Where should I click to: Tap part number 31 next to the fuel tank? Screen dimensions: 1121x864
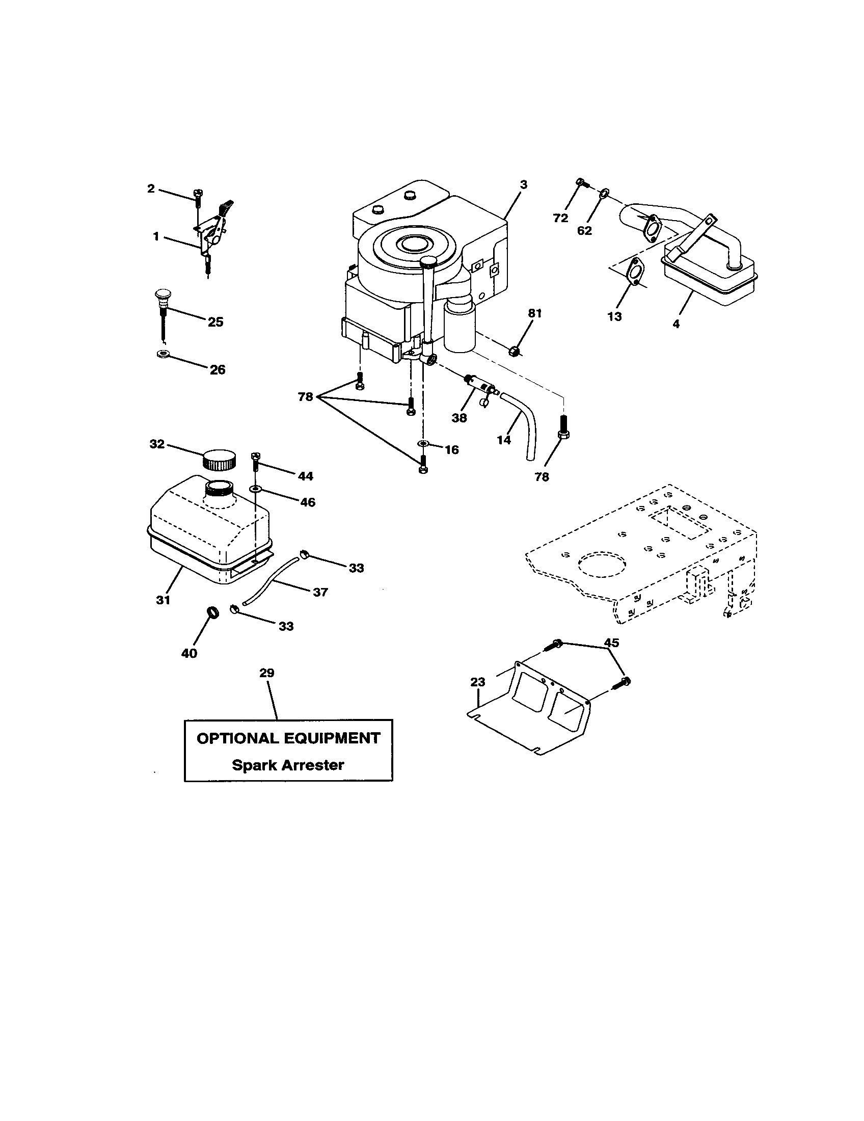(163, 600)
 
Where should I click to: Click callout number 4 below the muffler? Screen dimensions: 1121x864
(676, 325)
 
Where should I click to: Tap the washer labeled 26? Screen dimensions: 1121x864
(163, 354)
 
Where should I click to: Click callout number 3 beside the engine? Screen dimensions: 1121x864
(523, 184)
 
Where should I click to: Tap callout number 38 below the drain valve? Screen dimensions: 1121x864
(458, 418)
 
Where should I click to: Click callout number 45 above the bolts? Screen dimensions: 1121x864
(611, 643)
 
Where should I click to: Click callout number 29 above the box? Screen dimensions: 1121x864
(267, 673)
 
